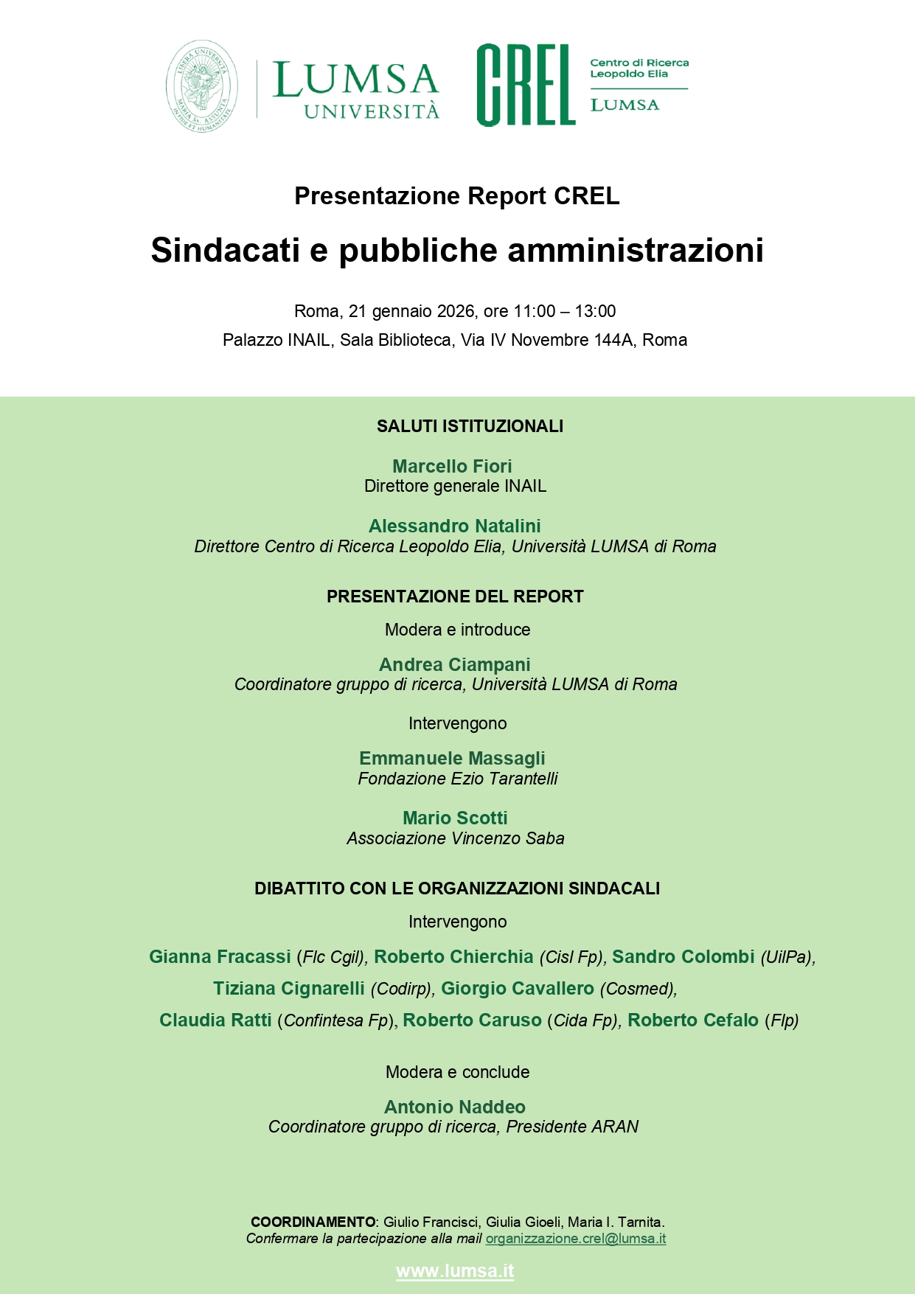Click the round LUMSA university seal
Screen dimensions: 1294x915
(x=202, y=86)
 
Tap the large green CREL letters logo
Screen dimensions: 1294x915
(x=525, y=85)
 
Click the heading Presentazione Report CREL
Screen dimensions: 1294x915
(x=456, y=196)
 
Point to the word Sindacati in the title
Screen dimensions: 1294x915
(x=226, y=250)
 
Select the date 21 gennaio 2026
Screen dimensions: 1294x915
(x=411, y=311)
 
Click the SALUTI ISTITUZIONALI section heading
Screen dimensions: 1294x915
(x=470, y=426)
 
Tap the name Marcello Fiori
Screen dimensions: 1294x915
(x=452, y=466)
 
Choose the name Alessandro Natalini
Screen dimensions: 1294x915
(x=454, y=526)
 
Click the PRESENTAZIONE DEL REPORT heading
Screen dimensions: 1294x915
(x=455, y=596)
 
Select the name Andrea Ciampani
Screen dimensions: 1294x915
(x=454, y=664)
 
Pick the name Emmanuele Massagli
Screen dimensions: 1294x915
(x=452, y=758)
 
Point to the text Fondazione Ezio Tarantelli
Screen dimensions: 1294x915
(x=457, y=779)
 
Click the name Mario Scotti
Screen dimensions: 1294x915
(x=455, y=818)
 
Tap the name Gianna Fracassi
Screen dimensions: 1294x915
(x=220, y=956)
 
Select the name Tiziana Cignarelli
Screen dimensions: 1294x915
(x=289, y=988)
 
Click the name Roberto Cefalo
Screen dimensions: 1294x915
(x=692, y=1020)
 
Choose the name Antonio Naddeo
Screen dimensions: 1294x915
(x=454, y=1107)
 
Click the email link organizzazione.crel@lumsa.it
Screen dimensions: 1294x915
(x=575, y=1239)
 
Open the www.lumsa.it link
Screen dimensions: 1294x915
(x=455, y=1271)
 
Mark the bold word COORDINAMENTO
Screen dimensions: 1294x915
(x=313, y=1222)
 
